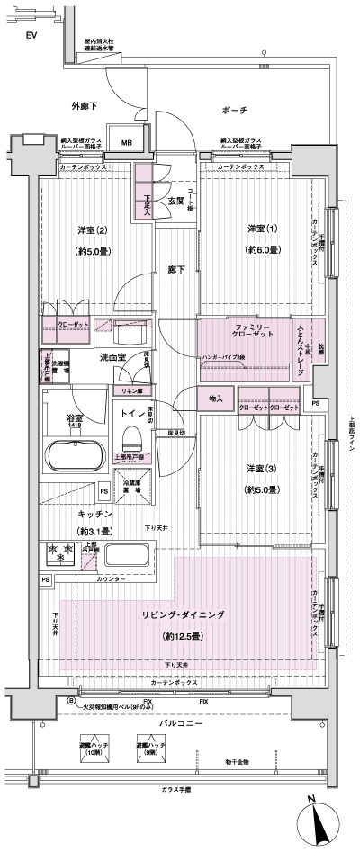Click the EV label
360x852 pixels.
pos(31,35)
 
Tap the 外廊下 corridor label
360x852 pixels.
pos(85,107)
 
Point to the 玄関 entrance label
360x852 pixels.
pos(175,201)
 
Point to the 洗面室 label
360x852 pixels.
pos(110,358)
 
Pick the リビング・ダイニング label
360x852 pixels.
pos(183,614)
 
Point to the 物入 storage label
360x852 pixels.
pos(216,398)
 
